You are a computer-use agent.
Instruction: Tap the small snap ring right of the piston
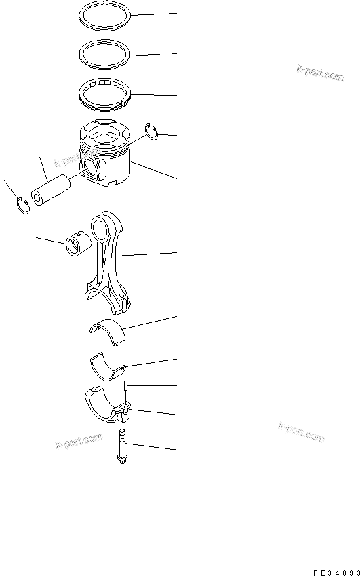click(153, 132)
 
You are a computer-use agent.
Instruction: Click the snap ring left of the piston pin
click(22, 205)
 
